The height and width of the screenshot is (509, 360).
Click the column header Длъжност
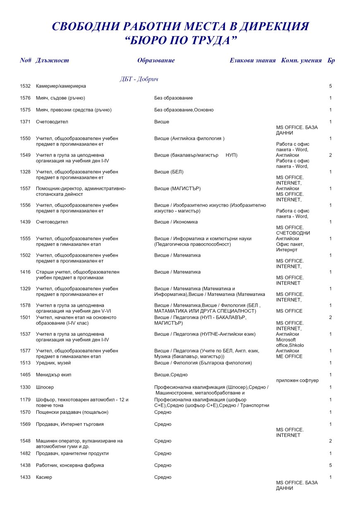[53, 60]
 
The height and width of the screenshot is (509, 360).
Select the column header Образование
[156, 60]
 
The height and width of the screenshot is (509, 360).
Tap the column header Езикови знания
[252, 60]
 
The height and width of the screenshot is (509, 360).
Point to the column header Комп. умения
[301, 60]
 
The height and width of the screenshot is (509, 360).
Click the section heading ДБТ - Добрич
[139, 79]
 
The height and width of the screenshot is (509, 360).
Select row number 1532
[25, 86]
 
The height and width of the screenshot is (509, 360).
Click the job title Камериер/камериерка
[61, 86]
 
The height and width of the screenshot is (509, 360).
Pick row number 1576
[25, 98]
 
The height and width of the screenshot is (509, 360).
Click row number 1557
[25, 189]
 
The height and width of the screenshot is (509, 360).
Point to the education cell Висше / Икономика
[176, 222]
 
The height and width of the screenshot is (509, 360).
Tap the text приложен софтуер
[297, 380]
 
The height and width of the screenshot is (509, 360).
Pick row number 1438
[25, 466]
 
